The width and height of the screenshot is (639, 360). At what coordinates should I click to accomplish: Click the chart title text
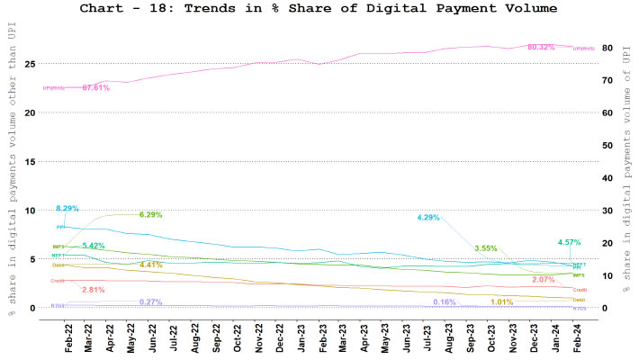click(319, 8)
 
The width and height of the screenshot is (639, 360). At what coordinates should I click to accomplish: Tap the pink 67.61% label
click(95, 88)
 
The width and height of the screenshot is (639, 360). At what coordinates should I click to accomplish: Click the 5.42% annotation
click(94, 246)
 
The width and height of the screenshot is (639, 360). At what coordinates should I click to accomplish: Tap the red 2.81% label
click(94, 289)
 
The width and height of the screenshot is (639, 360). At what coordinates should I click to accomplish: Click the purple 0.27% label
click(150, 301)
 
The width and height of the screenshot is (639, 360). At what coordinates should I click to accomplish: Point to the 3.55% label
click(486, 247)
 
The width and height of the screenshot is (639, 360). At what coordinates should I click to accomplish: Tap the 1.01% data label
click(502, 301)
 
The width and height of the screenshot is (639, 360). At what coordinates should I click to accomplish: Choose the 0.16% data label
click(444, 301)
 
